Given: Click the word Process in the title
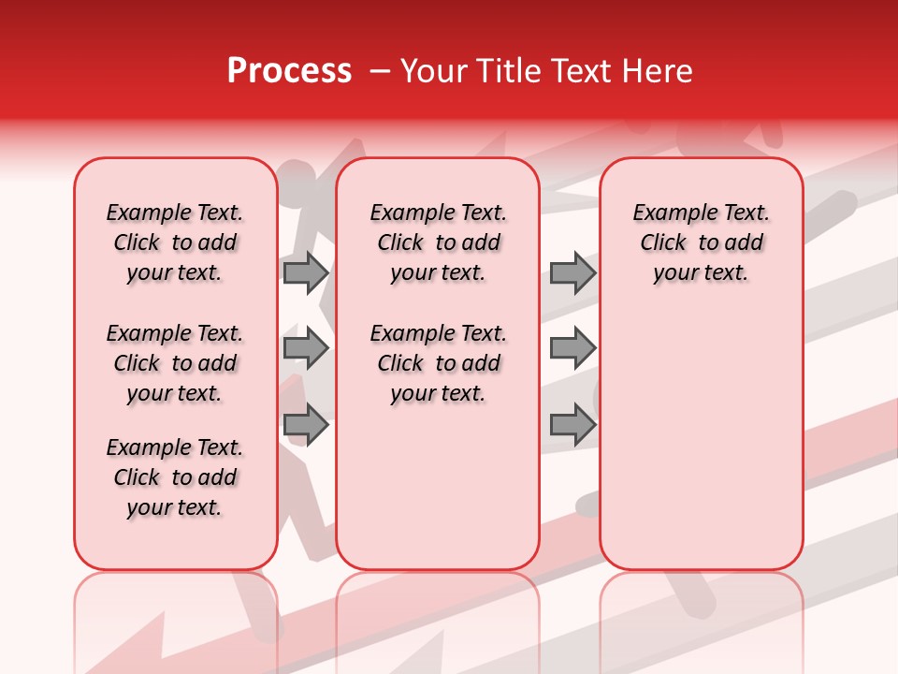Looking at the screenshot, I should tap(289, 71).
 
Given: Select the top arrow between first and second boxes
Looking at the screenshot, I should tap(306, 272).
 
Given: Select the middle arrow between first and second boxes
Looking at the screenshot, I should tap(306, 348).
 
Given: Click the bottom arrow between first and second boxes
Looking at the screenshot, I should tap(306, 424).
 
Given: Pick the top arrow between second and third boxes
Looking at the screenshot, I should tap(572, 272).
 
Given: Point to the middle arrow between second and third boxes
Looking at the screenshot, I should tap(572, 348).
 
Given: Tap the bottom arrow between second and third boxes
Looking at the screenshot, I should tap(572, 424).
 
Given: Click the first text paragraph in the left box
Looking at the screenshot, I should tap(175, 242).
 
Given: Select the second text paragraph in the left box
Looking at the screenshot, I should tap(175, 363).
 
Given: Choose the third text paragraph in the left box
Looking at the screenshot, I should tap(175, 477).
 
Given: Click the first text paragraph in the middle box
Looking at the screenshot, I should tap(439, 242).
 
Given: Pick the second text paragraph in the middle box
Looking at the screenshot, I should tap(439, 363).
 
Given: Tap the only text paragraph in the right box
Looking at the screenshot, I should tap(702, 242).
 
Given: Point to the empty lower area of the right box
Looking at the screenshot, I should tap(702, 440).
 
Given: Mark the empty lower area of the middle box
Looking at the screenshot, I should tap(438, 487).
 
